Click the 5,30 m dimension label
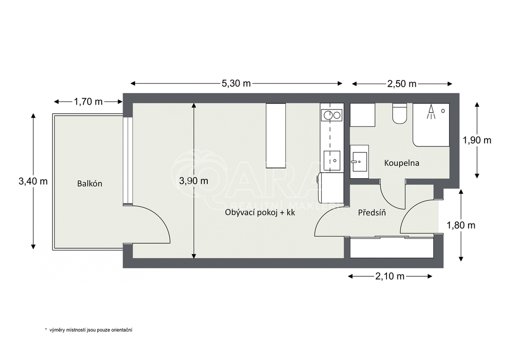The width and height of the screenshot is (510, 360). tap(236, 84)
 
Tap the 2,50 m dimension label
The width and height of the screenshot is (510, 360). tap(401, 84)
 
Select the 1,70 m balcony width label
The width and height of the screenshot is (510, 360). tap(88, 102)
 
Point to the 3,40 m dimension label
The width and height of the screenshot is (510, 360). tap(33, 181)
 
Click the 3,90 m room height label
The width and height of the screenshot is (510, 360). tap(193, 181)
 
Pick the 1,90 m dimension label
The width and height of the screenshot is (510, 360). tap(477, 140)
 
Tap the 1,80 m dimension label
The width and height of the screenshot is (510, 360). tap(461, 225)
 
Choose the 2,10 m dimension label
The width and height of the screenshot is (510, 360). tap(389, 276)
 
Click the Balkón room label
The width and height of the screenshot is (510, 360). tap(90, 183)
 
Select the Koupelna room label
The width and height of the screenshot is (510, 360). tap(401, 163)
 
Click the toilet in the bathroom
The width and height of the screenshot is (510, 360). tap(400, 113)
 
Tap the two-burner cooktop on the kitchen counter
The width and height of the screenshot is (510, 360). tap(332, 116)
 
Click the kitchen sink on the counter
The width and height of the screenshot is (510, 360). tap(332, 160)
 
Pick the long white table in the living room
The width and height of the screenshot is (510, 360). tap(276, 135)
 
